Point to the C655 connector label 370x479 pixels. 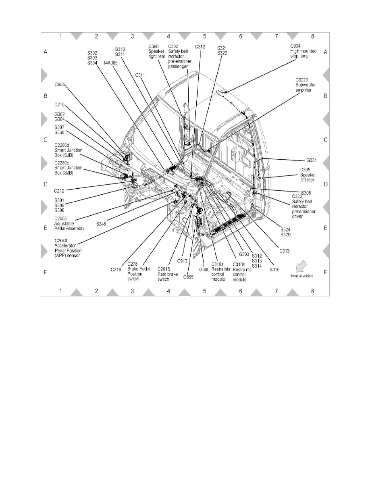[x=60, y=85]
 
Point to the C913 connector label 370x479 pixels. [x=182, y=261]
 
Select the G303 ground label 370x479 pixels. [x=244, y=254]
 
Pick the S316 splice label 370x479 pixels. [x=275, y=269]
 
